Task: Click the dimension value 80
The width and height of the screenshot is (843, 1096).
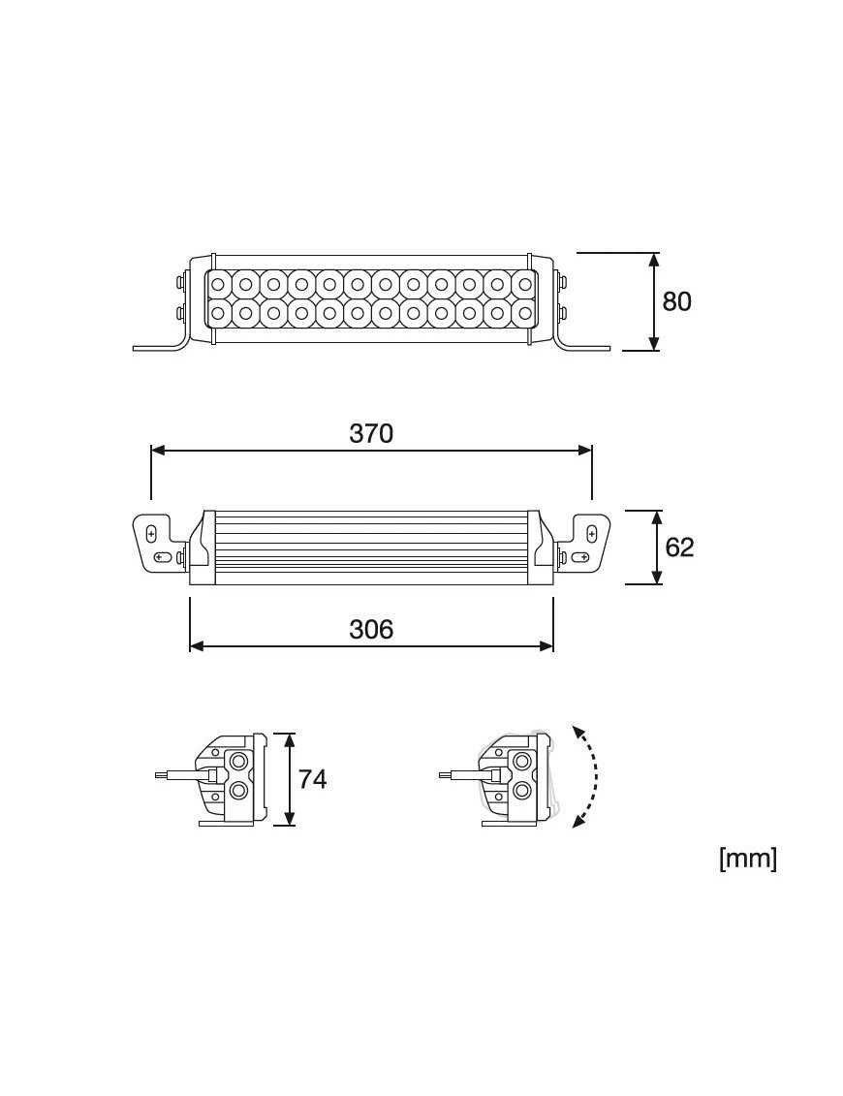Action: [x=676, y=301]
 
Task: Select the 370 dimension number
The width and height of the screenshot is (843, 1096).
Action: [x=371, y=433]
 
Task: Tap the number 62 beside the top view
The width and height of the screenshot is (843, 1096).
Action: [x=679, y=548]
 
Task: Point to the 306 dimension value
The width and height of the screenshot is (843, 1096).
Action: [x=371, y=630]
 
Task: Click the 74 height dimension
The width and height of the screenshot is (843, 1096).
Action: [x=312, y=779]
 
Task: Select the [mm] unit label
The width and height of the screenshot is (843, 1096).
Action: [x=747, y=859]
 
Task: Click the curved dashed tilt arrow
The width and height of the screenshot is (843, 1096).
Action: [x=588, y=776]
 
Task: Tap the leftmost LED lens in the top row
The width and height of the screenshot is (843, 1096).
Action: [x=218, y=285]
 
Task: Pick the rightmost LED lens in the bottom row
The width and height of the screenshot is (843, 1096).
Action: [x=525, y=312]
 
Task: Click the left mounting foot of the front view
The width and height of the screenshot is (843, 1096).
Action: [x=160, y=344]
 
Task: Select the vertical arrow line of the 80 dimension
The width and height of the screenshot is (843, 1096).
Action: [x=654, y=301]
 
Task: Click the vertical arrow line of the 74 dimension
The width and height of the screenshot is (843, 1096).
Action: [x=288, y=779]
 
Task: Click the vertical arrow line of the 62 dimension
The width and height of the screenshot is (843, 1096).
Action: [x=657, y=548]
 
